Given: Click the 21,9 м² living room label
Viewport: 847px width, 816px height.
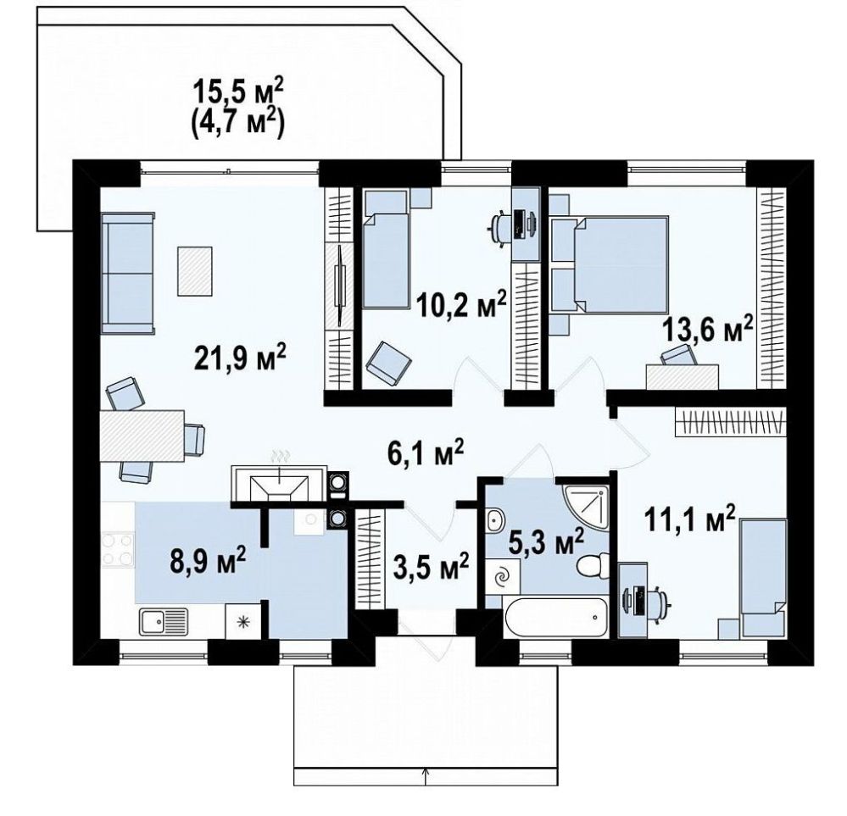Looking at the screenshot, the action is point(240,358).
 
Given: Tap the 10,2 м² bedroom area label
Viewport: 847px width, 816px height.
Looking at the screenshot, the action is point(462,303).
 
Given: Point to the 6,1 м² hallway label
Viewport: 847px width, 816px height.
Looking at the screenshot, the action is point(425,452).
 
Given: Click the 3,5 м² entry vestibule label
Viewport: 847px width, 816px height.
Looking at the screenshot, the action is point(430,568).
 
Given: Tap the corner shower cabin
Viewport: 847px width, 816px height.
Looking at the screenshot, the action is point(586,505).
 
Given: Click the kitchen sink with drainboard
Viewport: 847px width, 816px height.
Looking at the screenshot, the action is point(164,622).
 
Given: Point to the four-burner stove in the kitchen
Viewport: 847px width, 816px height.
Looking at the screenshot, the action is point(119,550).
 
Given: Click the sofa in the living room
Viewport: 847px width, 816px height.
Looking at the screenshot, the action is point(127,273).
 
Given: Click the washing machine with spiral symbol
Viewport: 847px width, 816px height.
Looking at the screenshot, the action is point(503,577).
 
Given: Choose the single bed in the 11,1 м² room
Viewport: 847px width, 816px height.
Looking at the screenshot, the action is point(763,578).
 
